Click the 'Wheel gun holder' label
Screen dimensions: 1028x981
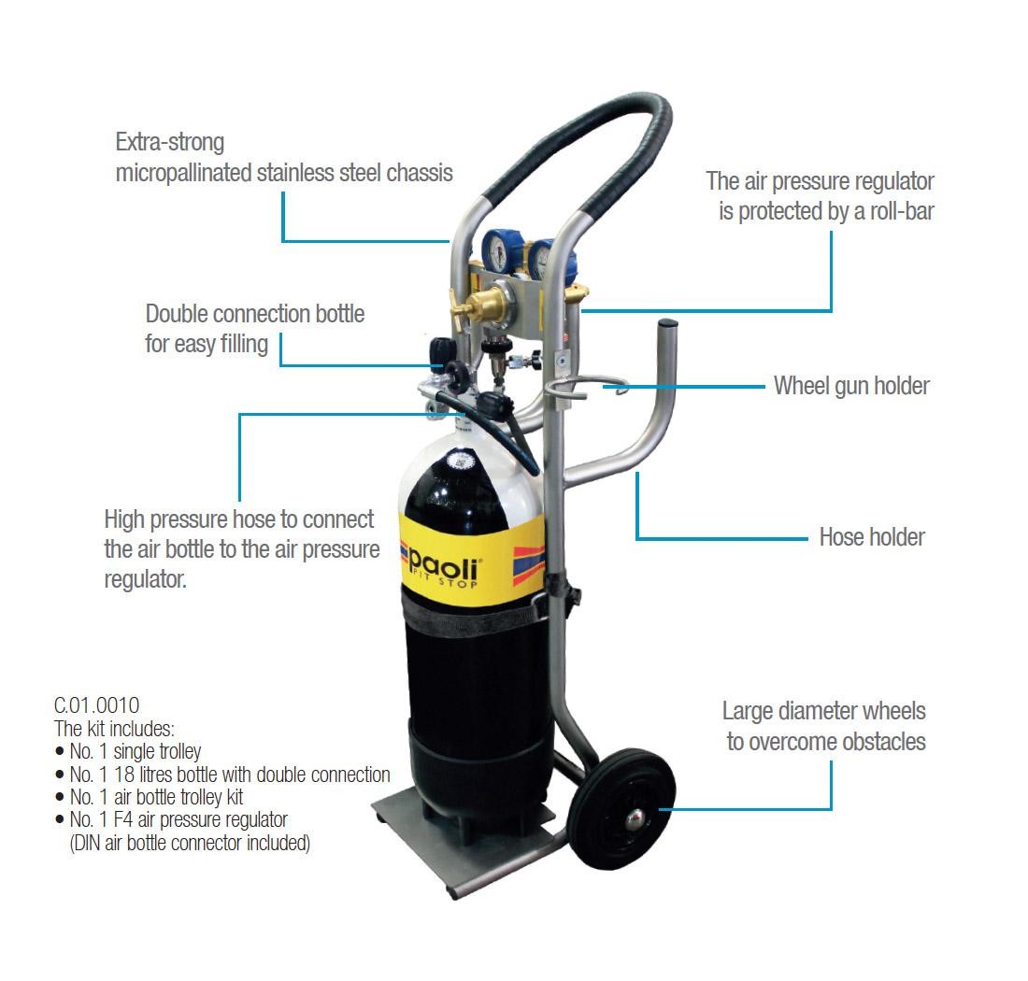tap(851, 386)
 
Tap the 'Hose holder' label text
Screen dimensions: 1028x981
tap(872, 537)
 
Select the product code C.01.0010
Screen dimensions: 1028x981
tap(96, 705)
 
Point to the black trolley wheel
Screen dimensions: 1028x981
tap(621, 809)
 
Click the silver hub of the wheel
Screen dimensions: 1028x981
tap(635, 818)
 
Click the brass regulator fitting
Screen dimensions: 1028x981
tap(484, 303)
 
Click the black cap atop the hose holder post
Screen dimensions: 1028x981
tap(667, 323)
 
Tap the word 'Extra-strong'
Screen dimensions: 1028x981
tap(170, 142)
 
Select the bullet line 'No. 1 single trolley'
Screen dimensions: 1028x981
tap(129, 751)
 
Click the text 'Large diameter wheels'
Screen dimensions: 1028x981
tap(823, 711)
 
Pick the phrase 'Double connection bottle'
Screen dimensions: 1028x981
tap(254, 314)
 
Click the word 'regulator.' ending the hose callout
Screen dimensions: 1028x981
tap(146, 579)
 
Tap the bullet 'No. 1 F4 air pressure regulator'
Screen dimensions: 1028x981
tap(172, 819)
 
